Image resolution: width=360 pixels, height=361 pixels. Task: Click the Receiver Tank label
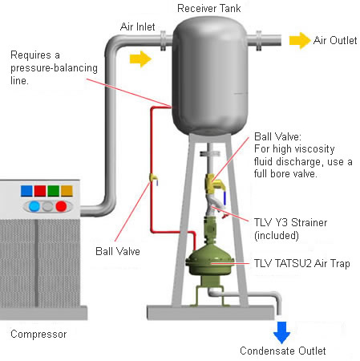[x=208, y=8]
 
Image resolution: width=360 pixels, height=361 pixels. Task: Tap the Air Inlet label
[x=137, y=26]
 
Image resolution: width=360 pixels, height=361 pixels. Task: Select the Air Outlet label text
[x=335, y=41]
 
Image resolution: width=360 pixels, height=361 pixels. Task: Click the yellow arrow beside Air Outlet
[x=299, y=41]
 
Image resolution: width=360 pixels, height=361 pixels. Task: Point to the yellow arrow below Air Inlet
[x=140, y=59]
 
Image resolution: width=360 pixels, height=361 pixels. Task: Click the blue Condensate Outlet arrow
[x=281, y=332]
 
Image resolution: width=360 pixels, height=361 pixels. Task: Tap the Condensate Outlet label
[x=283, y=351]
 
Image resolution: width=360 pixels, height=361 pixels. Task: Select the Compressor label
[x=38, y=335]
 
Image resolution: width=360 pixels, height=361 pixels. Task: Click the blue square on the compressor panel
[x=26, y=191]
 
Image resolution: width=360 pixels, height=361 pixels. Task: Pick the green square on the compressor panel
[x=54, y=191]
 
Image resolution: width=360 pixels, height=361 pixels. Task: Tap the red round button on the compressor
[x=61, y=206]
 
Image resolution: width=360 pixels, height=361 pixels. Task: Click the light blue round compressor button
[x=34, y=206]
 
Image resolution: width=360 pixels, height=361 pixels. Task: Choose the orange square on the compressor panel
[x=67, y=191]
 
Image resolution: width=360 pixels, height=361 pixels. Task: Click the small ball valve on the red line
[x=153, y=179]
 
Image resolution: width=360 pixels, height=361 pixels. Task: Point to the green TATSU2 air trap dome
[x=210, y=260]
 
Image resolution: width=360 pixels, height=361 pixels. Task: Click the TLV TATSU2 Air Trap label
[x=302, y=264]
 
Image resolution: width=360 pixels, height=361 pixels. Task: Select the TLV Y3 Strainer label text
[x=290, y=222]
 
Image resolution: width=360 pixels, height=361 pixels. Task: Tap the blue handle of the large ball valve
[x=224, y=197]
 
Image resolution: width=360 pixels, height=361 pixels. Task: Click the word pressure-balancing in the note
[x=54, y=68]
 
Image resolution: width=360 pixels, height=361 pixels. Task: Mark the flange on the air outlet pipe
[x=259, y=41]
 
